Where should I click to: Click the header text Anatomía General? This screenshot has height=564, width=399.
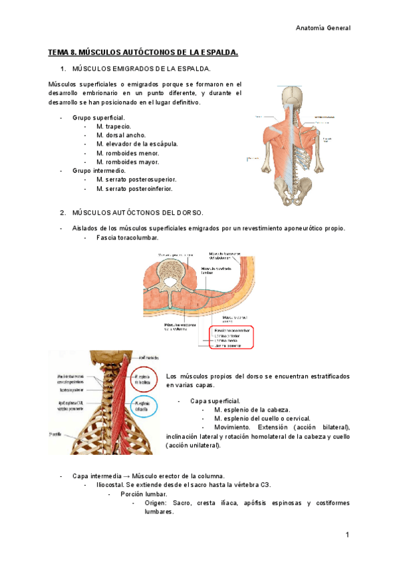[323, 28]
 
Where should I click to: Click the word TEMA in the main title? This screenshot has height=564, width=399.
[59, 52]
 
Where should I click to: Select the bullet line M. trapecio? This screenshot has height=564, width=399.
[113, 126]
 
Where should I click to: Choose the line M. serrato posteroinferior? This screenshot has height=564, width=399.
[134, 189]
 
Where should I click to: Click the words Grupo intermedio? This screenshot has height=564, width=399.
[98, 171]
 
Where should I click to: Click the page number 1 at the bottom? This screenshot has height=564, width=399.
[347, 535]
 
